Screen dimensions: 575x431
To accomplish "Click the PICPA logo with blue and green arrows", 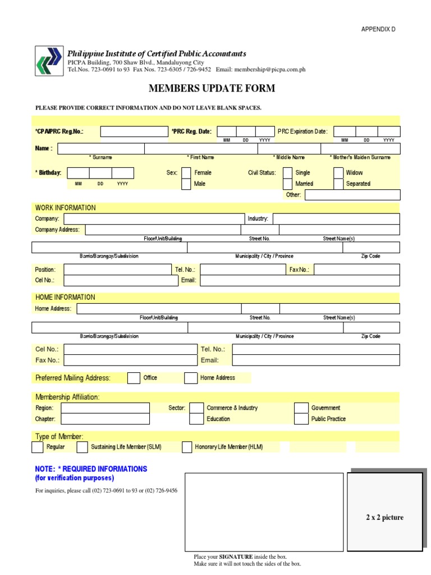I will pyautogui.click(x=49, y=60).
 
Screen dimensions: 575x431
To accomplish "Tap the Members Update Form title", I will pyautogui.click(x=212, y=89).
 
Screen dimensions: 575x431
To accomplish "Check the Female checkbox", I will pyautogui.click(x=186, y=173).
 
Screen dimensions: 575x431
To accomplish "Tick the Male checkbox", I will pyautogui.click(x=186, y=184).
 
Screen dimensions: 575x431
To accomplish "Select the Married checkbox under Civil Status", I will pyautogui.click(x=287, y=184).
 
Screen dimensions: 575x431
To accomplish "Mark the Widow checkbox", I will pyautogui.click(x=338, y=173).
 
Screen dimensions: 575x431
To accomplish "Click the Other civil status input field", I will pyautogui.click(x=352, y=195).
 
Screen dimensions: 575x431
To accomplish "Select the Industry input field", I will pyautogui.click(x=336, y=218).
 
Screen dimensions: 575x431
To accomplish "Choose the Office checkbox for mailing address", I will pyautogui.click(x=134, y=378).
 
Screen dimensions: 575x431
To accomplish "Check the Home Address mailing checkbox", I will pyautogui.click(x=191, y=378).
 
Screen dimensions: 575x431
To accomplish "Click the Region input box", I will pyautogui.click(x=105, y=408).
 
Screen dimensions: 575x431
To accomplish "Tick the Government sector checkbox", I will pyautogui.click(x=302, y=408).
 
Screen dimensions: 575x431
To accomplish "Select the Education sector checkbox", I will pyautogui.click(x=196, y=419).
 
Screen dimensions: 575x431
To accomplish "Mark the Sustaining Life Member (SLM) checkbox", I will pyautogui.click(x=82, y=447).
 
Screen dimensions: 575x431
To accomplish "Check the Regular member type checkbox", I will pyautogui.click(x=37, y=447).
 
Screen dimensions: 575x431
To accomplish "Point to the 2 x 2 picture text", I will pyautogui.click(x=384, y=518).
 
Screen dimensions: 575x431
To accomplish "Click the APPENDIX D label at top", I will pyautogui.click(x=379, y=29).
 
